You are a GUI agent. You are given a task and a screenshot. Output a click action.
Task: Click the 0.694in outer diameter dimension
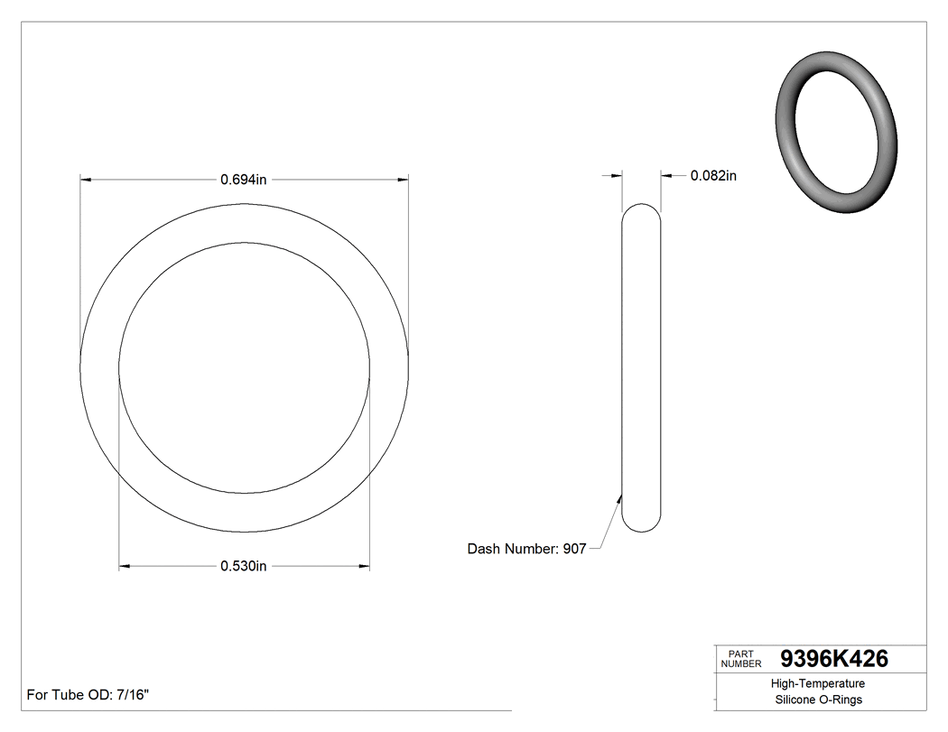click(x=244, y=180)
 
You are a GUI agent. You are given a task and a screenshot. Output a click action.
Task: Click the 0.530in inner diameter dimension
click(x=244, y=567)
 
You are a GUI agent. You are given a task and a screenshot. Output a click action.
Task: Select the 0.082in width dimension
click(x=713, y=176)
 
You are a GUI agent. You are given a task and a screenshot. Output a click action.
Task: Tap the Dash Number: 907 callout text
click(x=526, y=549)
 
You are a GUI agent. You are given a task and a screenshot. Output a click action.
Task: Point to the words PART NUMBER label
click(x=741, y=659)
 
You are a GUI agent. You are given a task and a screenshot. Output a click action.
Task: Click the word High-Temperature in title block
click(x=818, y=684)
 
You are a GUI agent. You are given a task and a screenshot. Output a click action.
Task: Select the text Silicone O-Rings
click(x=818, y=700)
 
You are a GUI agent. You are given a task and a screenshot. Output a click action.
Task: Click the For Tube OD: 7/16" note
click(x=88, y=695)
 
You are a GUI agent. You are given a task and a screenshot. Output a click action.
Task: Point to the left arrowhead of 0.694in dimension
click(x=87, y=180)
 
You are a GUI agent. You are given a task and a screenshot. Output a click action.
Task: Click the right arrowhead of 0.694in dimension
click(x=403, y=180)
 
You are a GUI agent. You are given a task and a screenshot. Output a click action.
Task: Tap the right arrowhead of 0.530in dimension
click(x=364, y=567)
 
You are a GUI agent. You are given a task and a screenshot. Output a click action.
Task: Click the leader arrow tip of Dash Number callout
click(x=619, y=495)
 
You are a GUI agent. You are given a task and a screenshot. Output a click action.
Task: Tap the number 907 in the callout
click(x=574, y=549)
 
